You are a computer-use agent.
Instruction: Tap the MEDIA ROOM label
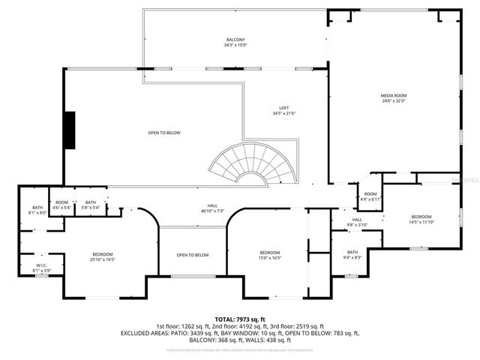[x=394, y=95]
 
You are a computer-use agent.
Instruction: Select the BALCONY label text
[x=235, y=40]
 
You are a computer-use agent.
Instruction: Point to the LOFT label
[x=284, y=108]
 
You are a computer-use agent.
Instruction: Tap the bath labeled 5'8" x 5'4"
[x=90, y=205]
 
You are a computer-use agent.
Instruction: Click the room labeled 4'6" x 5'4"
[x=61, y=205]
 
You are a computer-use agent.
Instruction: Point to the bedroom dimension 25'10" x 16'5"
[x=103, y=259]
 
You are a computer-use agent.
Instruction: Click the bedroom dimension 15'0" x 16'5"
[x=269, y=257]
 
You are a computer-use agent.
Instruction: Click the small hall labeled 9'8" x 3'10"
[x=357, y=223]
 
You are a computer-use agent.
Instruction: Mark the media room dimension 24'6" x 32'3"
[x=394, y=100]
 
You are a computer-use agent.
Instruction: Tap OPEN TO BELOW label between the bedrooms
[x=193, y=255]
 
